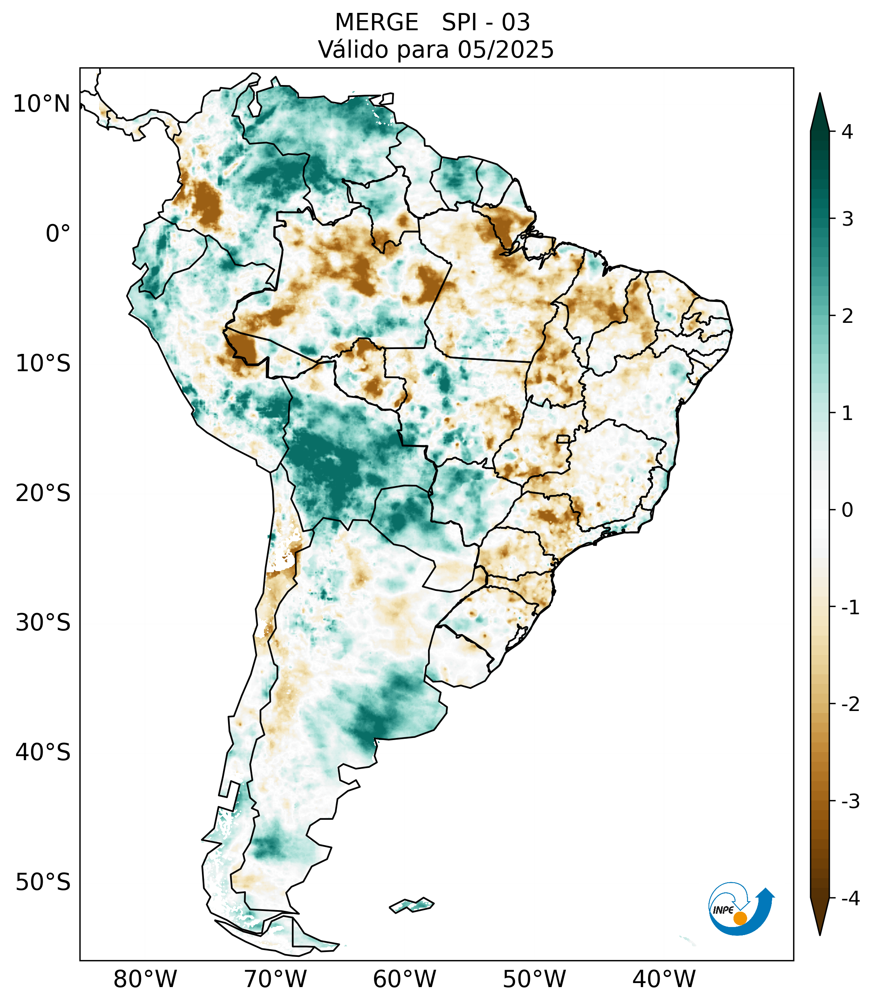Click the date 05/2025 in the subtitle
click(506, 50)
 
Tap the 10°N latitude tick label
click(41, 104)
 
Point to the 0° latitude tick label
click(58, 234)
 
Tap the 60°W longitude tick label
click(404, 979)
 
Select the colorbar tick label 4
click(847, 132)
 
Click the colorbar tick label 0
click(847, 510)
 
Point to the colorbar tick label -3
click(850, 801)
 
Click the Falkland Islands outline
click(411, 904)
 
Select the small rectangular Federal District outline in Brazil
click(563, 439)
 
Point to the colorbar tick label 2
click(847, 316)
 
